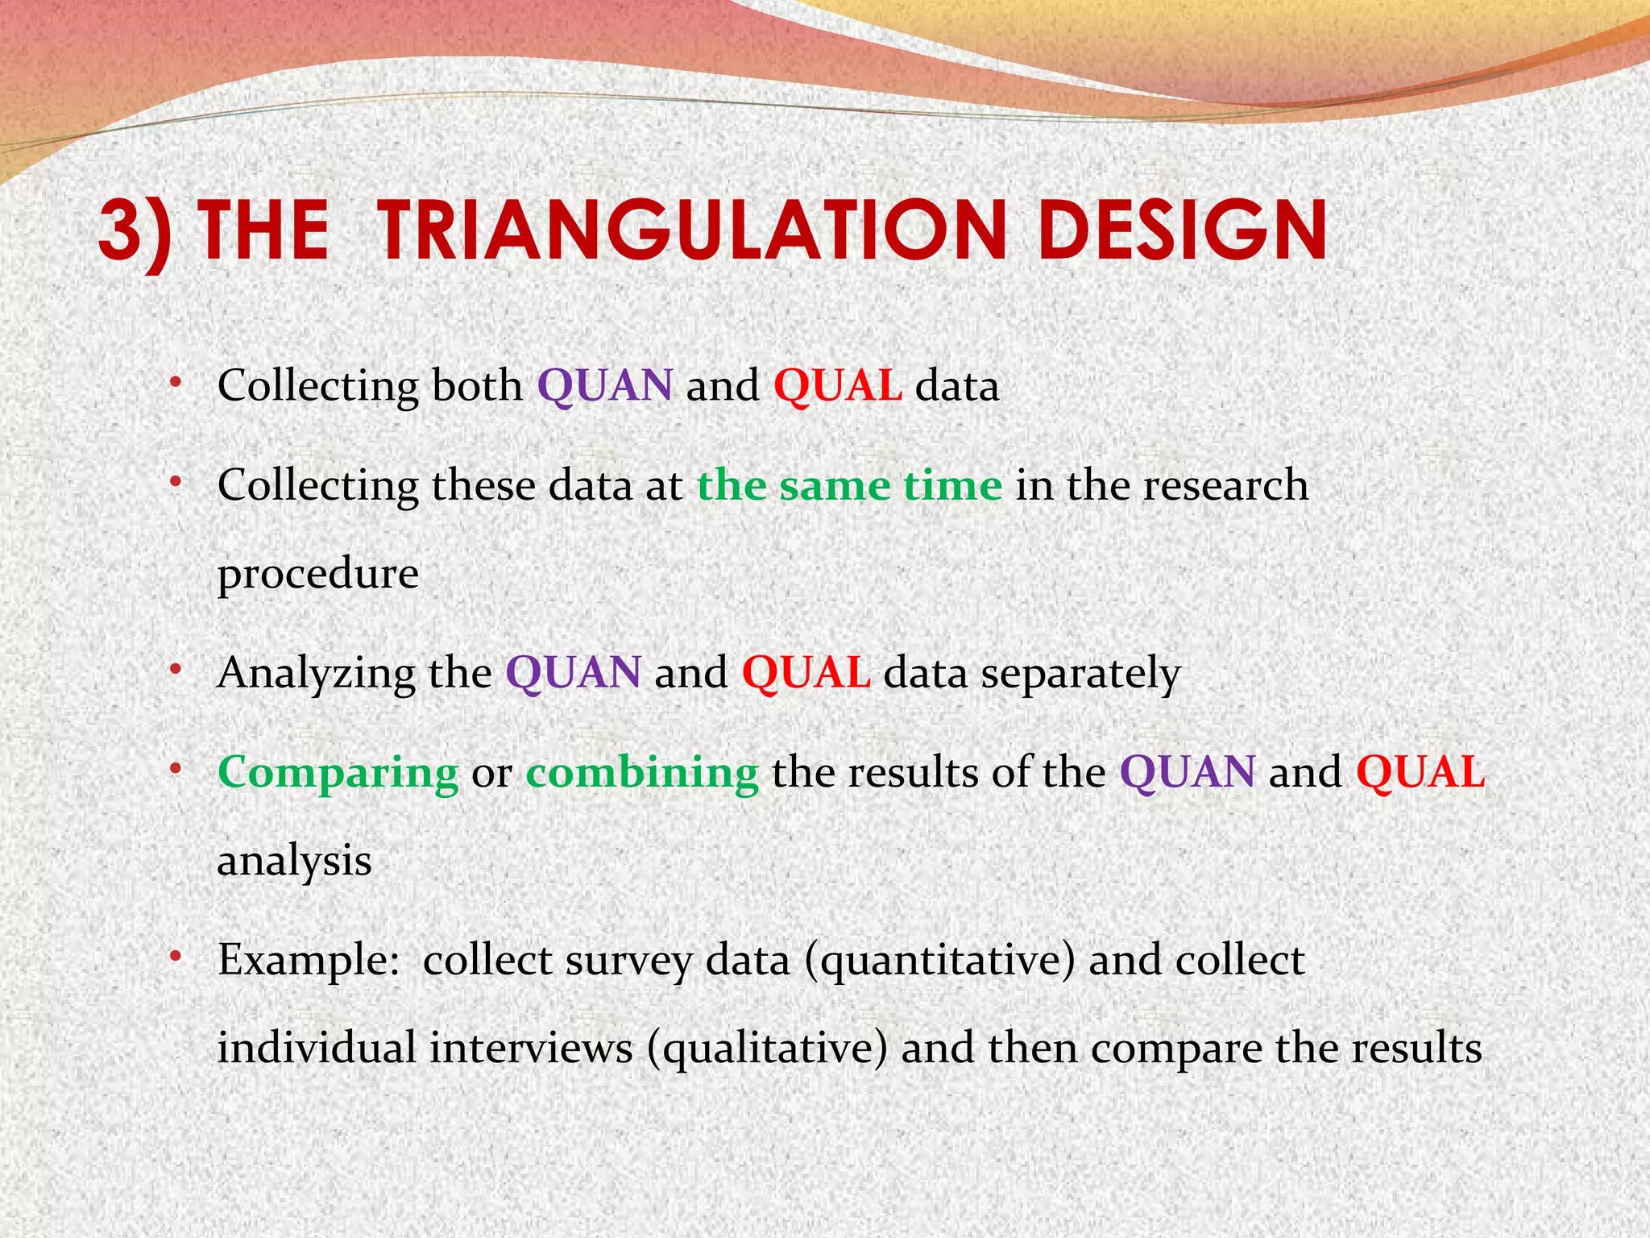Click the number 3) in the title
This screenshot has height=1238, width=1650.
click(135, 232)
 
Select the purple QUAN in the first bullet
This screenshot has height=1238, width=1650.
click(604, 385)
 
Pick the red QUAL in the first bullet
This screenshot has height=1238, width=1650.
click(837, 385)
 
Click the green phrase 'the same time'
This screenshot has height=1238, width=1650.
click(849, 485)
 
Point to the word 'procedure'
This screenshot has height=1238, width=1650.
click(317, 574)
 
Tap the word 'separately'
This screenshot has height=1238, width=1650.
click(1080, 673)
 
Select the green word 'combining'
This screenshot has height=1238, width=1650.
click(642, 772)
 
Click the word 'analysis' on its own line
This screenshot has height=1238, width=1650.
click(294, 861)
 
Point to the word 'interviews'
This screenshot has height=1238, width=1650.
click(531, 1048)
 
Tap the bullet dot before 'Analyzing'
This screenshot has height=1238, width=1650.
click(175, 670)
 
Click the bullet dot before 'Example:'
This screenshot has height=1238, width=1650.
click(175, 957)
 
